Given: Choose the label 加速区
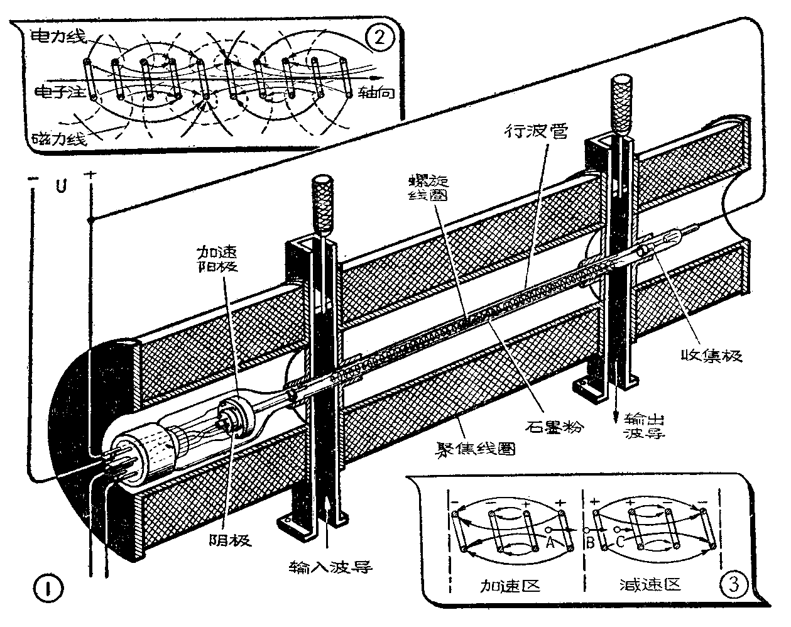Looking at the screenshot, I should [510, 586].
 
